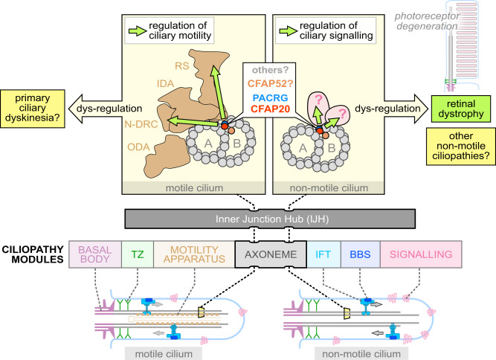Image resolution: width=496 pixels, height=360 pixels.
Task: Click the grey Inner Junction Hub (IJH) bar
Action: tap(270, 219)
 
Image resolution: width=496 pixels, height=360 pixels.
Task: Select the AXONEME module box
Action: tap(271, 254)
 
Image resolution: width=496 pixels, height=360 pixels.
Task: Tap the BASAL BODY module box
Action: tap(95, 254)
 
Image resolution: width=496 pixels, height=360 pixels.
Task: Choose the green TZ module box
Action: tap(138, 254)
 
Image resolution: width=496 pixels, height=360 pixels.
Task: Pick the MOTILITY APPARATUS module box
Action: tap(194, 254)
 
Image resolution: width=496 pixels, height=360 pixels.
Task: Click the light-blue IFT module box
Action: tap(323, 254)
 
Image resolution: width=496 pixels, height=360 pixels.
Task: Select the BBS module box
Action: tap(361, 254)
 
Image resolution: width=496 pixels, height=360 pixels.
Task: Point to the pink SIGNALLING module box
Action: tap(421, 254)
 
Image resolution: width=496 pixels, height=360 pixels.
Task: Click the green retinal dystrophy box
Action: tap(461, 109)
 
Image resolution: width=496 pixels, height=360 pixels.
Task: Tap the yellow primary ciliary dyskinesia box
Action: tap(33, 109)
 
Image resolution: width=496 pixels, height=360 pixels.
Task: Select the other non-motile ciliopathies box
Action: tap(461, 146)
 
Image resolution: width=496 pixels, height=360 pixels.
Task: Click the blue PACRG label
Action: tap(271, 97)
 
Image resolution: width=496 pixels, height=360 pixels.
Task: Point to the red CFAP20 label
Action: tap(271, 109)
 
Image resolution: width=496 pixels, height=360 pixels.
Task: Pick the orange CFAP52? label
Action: tap(271, 83)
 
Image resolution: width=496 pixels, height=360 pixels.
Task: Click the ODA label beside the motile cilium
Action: tap(138, 147)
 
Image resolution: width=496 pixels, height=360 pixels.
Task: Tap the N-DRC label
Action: tap(141, 124)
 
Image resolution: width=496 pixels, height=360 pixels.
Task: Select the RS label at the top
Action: tap(182, 65)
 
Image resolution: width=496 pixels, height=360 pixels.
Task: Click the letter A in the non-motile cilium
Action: tap(303, 148)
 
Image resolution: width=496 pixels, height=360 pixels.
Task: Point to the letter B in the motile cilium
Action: tap(236, 144)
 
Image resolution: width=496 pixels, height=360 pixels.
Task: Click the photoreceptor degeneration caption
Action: tap(427, 21)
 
